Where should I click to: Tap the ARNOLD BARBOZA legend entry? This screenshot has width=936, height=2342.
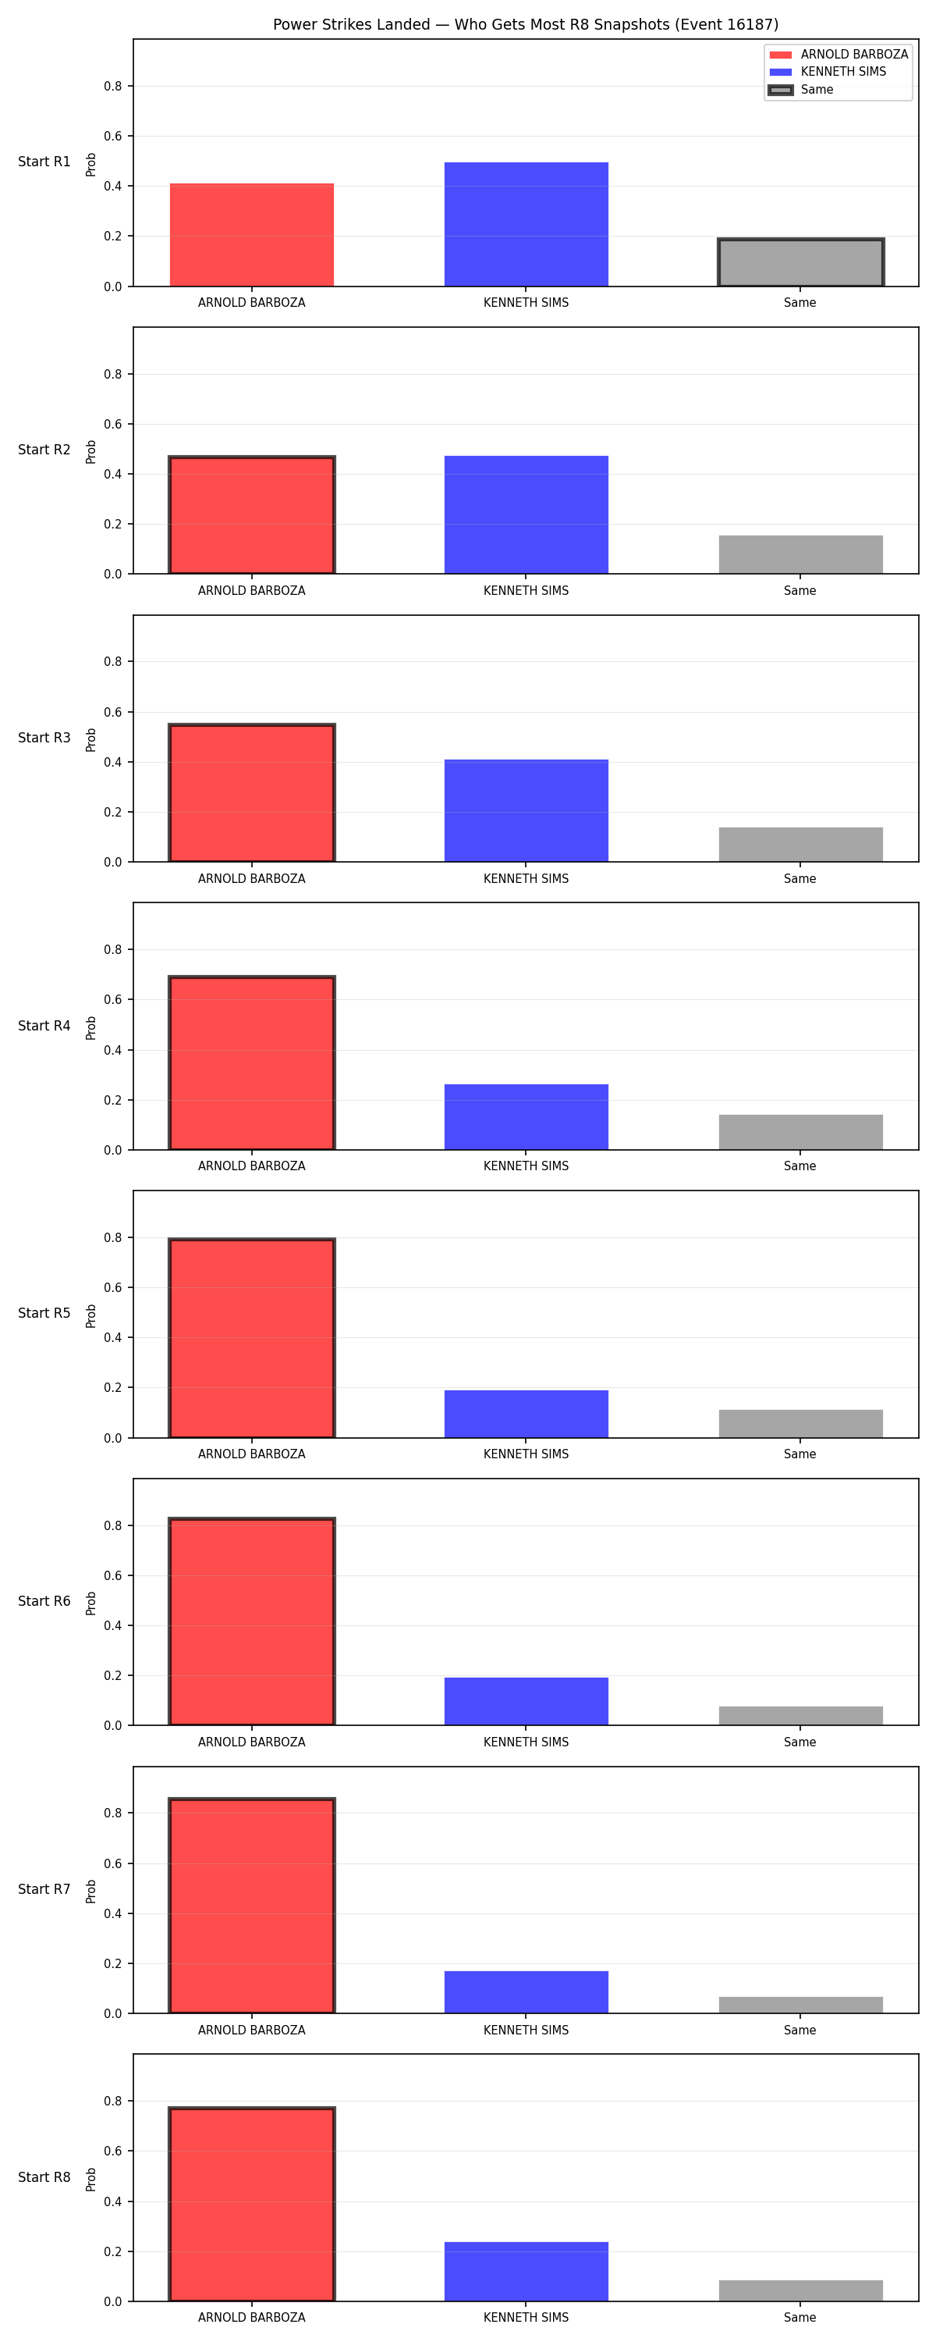[838, 55]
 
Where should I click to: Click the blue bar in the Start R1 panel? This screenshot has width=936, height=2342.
[526, 225]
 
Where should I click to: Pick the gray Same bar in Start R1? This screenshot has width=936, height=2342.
[800, 263]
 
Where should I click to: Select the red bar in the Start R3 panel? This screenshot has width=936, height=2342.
[252, 793]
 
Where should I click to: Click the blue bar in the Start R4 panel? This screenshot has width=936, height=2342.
[526, 1117]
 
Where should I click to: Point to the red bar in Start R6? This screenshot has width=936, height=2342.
[252, 1622]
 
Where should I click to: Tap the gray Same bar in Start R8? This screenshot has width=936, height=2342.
[800, 2291]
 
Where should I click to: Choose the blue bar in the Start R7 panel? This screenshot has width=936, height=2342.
[526, 1992]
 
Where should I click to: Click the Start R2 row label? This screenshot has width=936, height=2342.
[44, 450]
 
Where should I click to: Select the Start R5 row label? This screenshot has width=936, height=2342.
[44, 1314]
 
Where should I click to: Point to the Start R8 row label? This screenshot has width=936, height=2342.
[44, 2177]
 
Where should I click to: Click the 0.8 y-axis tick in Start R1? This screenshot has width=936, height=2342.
[112, 87]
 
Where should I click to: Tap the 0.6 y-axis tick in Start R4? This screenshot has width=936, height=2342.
[112, 1000]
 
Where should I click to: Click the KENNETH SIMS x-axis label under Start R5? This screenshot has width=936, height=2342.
[526, 1454]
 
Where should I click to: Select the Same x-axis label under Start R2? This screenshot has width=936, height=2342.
[800, 591]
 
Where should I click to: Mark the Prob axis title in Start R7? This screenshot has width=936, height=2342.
[91, 1892]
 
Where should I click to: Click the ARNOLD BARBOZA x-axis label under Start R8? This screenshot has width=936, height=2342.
[252, 2319]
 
